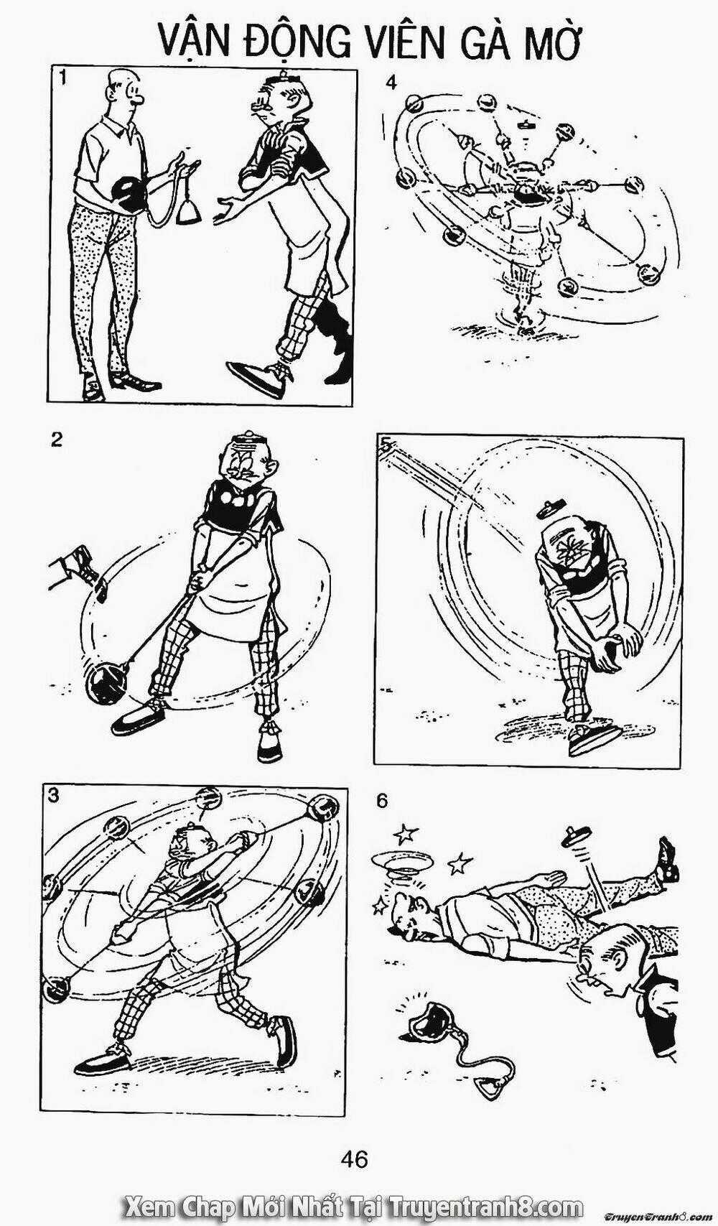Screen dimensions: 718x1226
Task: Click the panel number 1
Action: pyautogui.click(x=64, y=80)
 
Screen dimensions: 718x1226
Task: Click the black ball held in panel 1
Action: pyautogui.click(x=128, y=195)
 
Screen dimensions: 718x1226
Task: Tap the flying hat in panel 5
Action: pyautogui.click(x=551, y=508)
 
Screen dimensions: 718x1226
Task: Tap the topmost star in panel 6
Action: pyautogui.click(x=406, y=834)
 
